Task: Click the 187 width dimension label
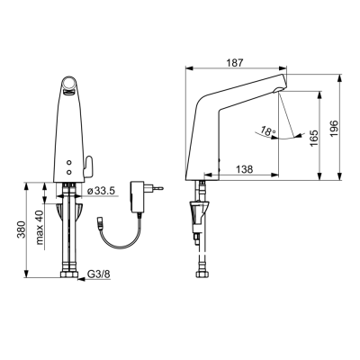click(x=235, y=63)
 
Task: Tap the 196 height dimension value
click(x=335, y=129)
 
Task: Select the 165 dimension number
click(x=313, y=139)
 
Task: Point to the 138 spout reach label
click(x=245, y=169)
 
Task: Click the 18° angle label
click(x=268, y=130)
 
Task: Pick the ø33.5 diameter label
click(x=101, y=191)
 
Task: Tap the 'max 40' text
click(x=40, y=227)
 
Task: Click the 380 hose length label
click(x=22, y=229)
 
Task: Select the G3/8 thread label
click(x=98, y=274)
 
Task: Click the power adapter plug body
click(x=136, y=197)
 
